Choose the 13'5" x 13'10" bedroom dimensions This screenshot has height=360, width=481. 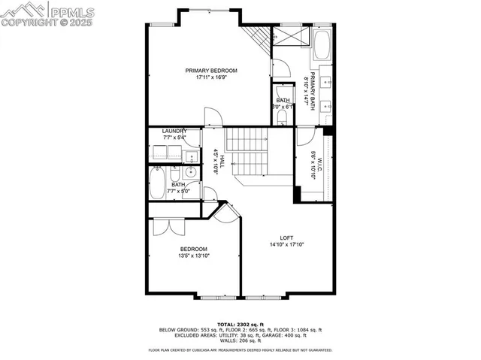click(x=194, y=256)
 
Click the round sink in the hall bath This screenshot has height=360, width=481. click(x=191, y=171)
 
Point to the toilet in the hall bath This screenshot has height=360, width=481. click(x=191, y=158)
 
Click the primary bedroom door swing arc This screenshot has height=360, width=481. click(x=213, y=117)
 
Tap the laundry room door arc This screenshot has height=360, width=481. click(x=192, y=138)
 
